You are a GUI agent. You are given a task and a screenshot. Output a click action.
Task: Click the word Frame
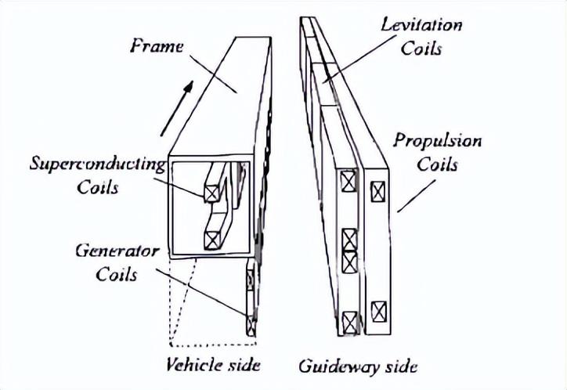(157, 46)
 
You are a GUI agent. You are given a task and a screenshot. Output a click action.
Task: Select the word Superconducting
(97, 165)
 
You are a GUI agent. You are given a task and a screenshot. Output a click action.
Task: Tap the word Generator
(117, 252)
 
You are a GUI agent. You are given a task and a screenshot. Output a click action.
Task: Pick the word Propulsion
(437, 143)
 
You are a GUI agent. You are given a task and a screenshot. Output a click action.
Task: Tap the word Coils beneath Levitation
(421, 49)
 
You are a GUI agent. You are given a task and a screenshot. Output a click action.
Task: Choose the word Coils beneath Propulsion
(436, 166)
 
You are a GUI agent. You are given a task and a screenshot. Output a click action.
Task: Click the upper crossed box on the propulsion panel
(377, 190)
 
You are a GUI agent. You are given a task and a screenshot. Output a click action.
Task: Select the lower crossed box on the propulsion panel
(377, 309)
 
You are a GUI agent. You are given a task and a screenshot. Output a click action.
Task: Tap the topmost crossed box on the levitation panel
(347, 182)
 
